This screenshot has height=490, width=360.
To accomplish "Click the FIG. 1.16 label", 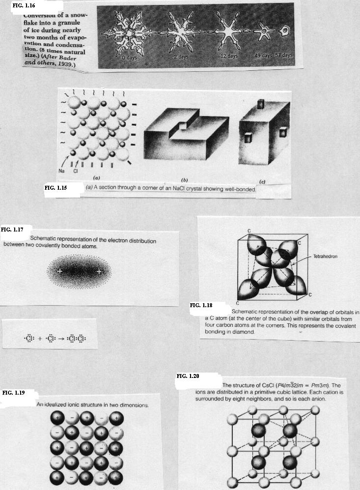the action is (x=24, y=5).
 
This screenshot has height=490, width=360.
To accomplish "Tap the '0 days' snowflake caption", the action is (x=129, y=58).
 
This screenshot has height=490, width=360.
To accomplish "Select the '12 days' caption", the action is (x=229, y=56).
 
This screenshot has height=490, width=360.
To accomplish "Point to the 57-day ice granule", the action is (x=284, y=30).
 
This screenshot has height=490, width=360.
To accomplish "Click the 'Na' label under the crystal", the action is (x=61, y=171).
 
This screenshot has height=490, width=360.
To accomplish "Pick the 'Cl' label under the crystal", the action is (x=75, y=171).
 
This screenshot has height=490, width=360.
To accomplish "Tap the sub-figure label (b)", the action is (x=185, y=180).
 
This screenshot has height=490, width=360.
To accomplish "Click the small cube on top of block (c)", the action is (x=261, y=104).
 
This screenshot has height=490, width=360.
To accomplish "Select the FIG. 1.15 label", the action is (x=55, y=188).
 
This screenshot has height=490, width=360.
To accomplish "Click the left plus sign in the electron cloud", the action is (x=59, y=271).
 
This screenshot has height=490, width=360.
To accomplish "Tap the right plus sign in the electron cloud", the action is (x=99, y=272).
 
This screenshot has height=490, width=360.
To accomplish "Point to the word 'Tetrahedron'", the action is (x=325, y=256).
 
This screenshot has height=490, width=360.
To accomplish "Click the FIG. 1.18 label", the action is (x=201, y=305).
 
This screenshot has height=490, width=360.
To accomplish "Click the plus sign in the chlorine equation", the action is (x=40, y=338).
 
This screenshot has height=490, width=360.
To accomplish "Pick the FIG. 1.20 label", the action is (x=188, y=376).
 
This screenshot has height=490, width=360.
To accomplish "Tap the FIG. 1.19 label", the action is (x=13, y=393).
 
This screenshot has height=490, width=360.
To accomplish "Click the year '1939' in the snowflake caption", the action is (x=65, y=64).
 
